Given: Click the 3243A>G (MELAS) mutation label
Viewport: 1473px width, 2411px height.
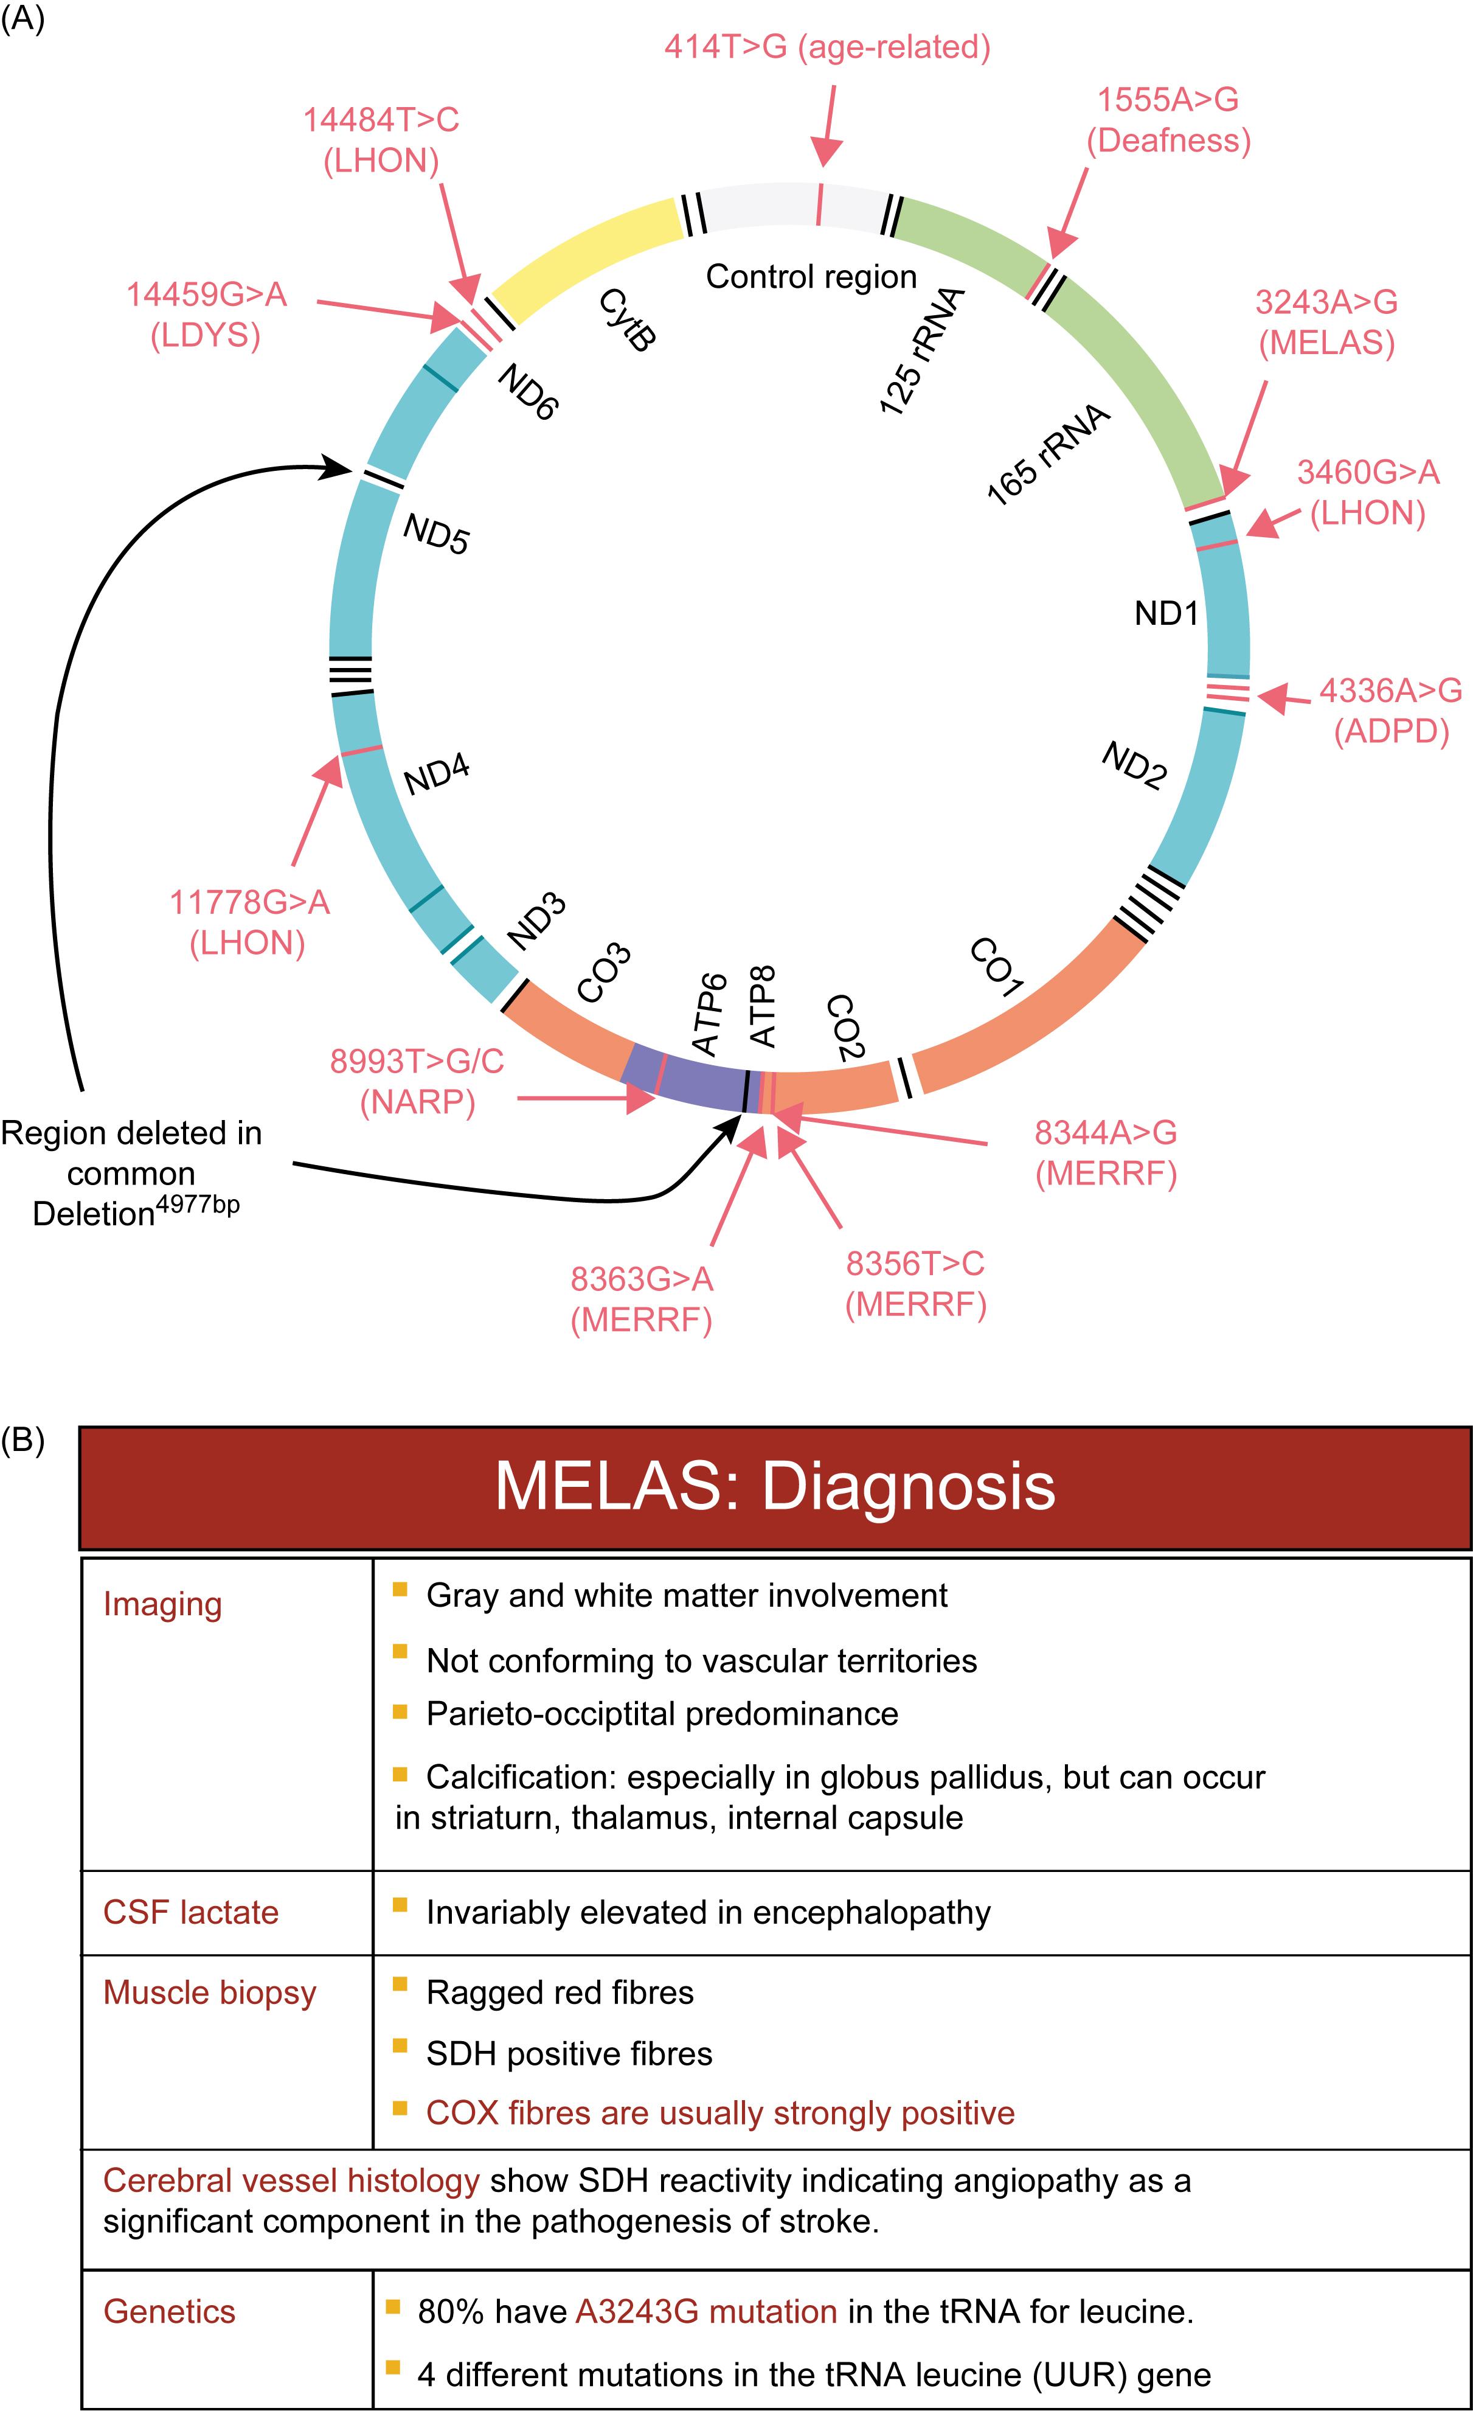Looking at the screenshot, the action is pos(1326,323).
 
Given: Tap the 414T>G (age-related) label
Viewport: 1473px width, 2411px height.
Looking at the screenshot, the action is pos(828,47).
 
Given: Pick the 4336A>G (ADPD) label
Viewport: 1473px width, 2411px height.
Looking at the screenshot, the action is pos(1391,711).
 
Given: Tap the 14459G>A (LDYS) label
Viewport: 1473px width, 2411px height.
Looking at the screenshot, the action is pos(206,315).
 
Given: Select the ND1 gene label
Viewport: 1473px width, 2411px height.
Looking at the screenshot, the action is pos(1166,613).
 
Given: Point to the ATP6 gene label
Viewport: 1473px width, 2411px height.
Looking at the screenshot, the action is pos(710,1015).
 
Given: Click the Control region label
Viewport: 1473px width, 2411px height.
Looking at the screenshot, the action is pos(812,277).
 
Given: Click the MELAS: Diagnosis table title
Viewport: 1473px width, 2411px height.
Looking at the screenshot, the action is pos(775,1486).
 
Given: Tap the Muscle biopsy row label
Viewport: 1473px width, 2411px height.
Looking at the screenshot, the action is pos(210,1993).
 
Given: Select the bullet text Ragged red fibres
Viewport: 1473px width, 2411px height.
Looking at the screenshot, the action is pos(561,1993).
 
